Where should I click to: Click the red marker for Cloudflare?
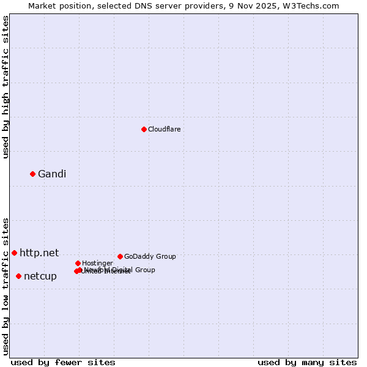point(144,129)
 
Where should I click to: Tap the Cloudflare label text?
point(165,129)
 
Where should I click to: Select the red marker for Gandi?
point(32,174)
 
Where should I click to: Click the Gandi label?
point(52,174)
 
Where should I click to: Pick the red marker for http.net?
point(14,253)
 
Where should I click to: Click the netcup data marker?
point(18,276)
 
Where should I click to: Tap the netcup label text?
point(40,276)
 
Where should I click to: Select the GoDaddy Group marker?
point(120,256)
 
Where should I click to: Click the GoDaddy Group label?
point(150,256)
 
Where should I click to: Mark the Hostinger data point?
point(78,263)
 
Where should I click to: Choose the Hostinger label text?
point(97,263)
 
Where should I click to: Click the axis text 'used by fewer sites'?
point(63,362)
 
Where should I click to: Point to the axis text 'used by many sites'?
point(307,362)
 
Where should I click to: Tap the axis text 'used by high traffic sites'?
point(6,87)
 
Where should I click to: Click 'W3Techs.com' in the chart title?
point(315,6)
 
